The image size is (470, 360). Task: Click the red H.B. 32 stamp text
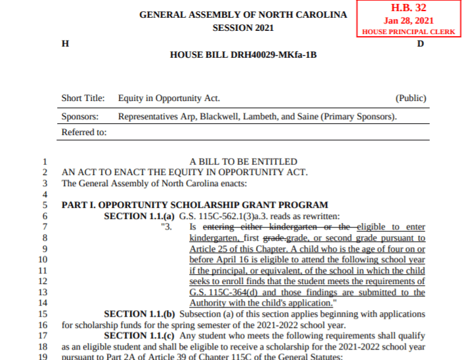tap(408, 8)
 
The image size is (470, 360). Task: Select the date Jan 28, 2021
tap(408, 20)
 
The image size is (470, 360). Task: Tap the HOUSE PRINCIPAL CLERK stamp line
tap(408, 31)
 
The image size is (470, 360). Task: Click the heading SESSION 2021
tap(243, 28)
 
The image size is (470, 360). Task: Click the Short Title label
tap(83, 98)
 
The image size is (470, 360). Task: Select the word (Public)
tap(411, 98)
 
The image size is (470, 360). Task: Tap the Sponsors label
tap(79, 117)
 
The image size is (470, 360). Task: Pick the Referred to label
tap(84, 132)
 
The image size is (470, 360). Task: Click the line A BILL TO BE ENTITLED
tap(243, 162)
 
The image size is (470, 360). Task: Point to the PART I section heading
tap(195, 205)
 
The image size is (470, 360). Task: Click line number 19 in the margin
tap(43, 356)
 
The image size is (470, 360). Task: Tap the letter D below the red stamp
tap(420, 43)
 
